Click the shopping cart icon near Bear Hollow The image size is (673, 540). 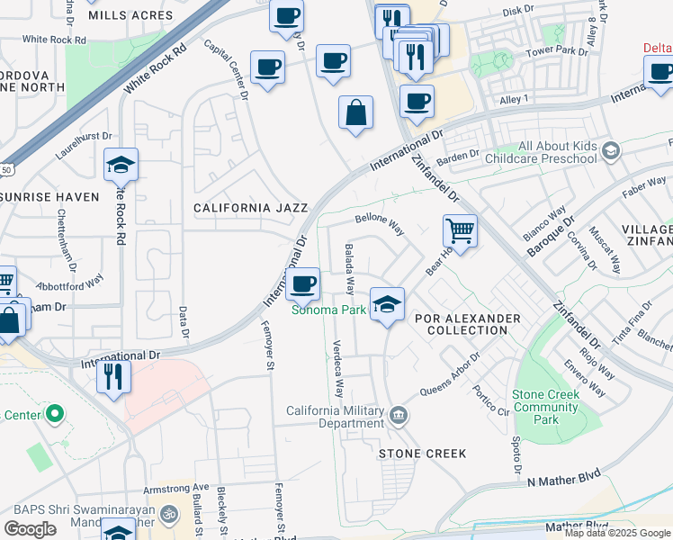point(460,231)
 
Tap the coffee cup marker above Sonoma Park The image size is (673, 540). point(303,284)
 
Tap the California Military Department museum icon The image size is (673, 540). point(399,415)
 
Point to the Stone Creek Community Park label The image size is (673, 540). point(544,408)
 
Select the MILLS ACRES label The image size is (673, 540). point(130,16)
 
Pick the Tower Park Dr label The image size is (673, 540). point(556,51)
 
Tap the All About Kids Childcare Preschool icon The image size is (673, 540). point(612,151)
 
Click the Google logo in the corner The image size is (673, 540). point(31,528)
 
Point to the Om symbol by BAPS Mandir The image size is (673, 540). point(168,514)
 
